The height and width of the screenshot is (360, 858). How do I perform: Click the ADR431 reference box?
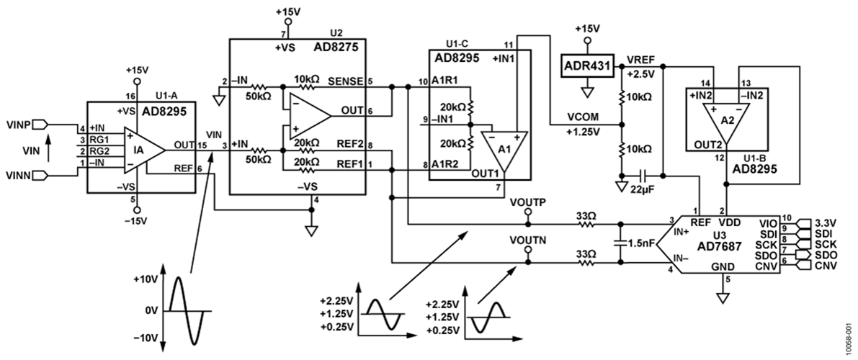tap(588, 66)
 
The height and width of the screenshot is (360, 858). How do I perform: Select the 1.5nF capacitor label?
tap(640, 243)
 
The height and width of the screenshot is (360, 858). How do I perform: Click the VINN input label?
tap(17, 174)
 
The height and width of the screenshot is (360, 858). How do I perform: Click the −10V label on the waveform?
tap(148, 338)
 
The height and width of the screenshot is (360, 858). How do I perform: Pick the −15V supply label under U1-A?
tap(136, 220)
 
